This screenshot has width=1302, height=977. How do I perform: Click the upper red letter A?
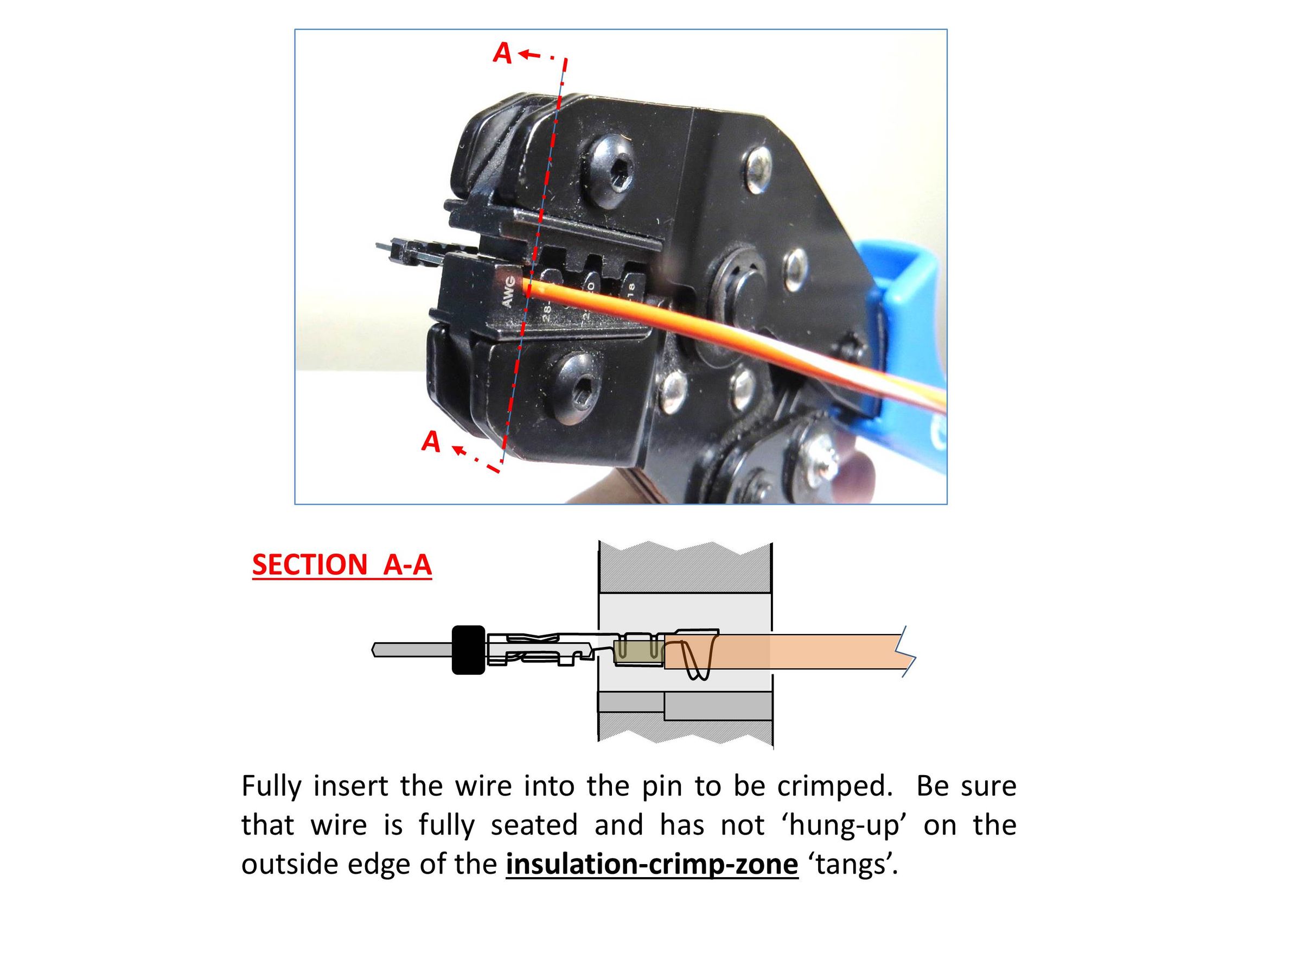tap(502, 53)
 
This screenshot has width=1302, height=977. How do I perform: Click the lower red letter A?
tap(431, 441)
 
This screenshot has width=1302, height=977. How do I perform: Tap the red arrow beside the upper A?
tap(531, 55)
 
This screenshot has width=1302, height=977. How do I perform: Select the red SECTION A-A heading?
tap(341, 565)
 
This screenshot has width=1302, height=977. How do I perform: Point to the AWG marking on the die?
tap(508, 291)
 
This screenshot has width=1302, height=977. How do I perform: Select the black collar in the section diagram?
tap(469, 650)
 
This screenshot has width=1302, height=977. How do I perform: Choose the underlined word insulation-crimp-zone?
tap(652, 864)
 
